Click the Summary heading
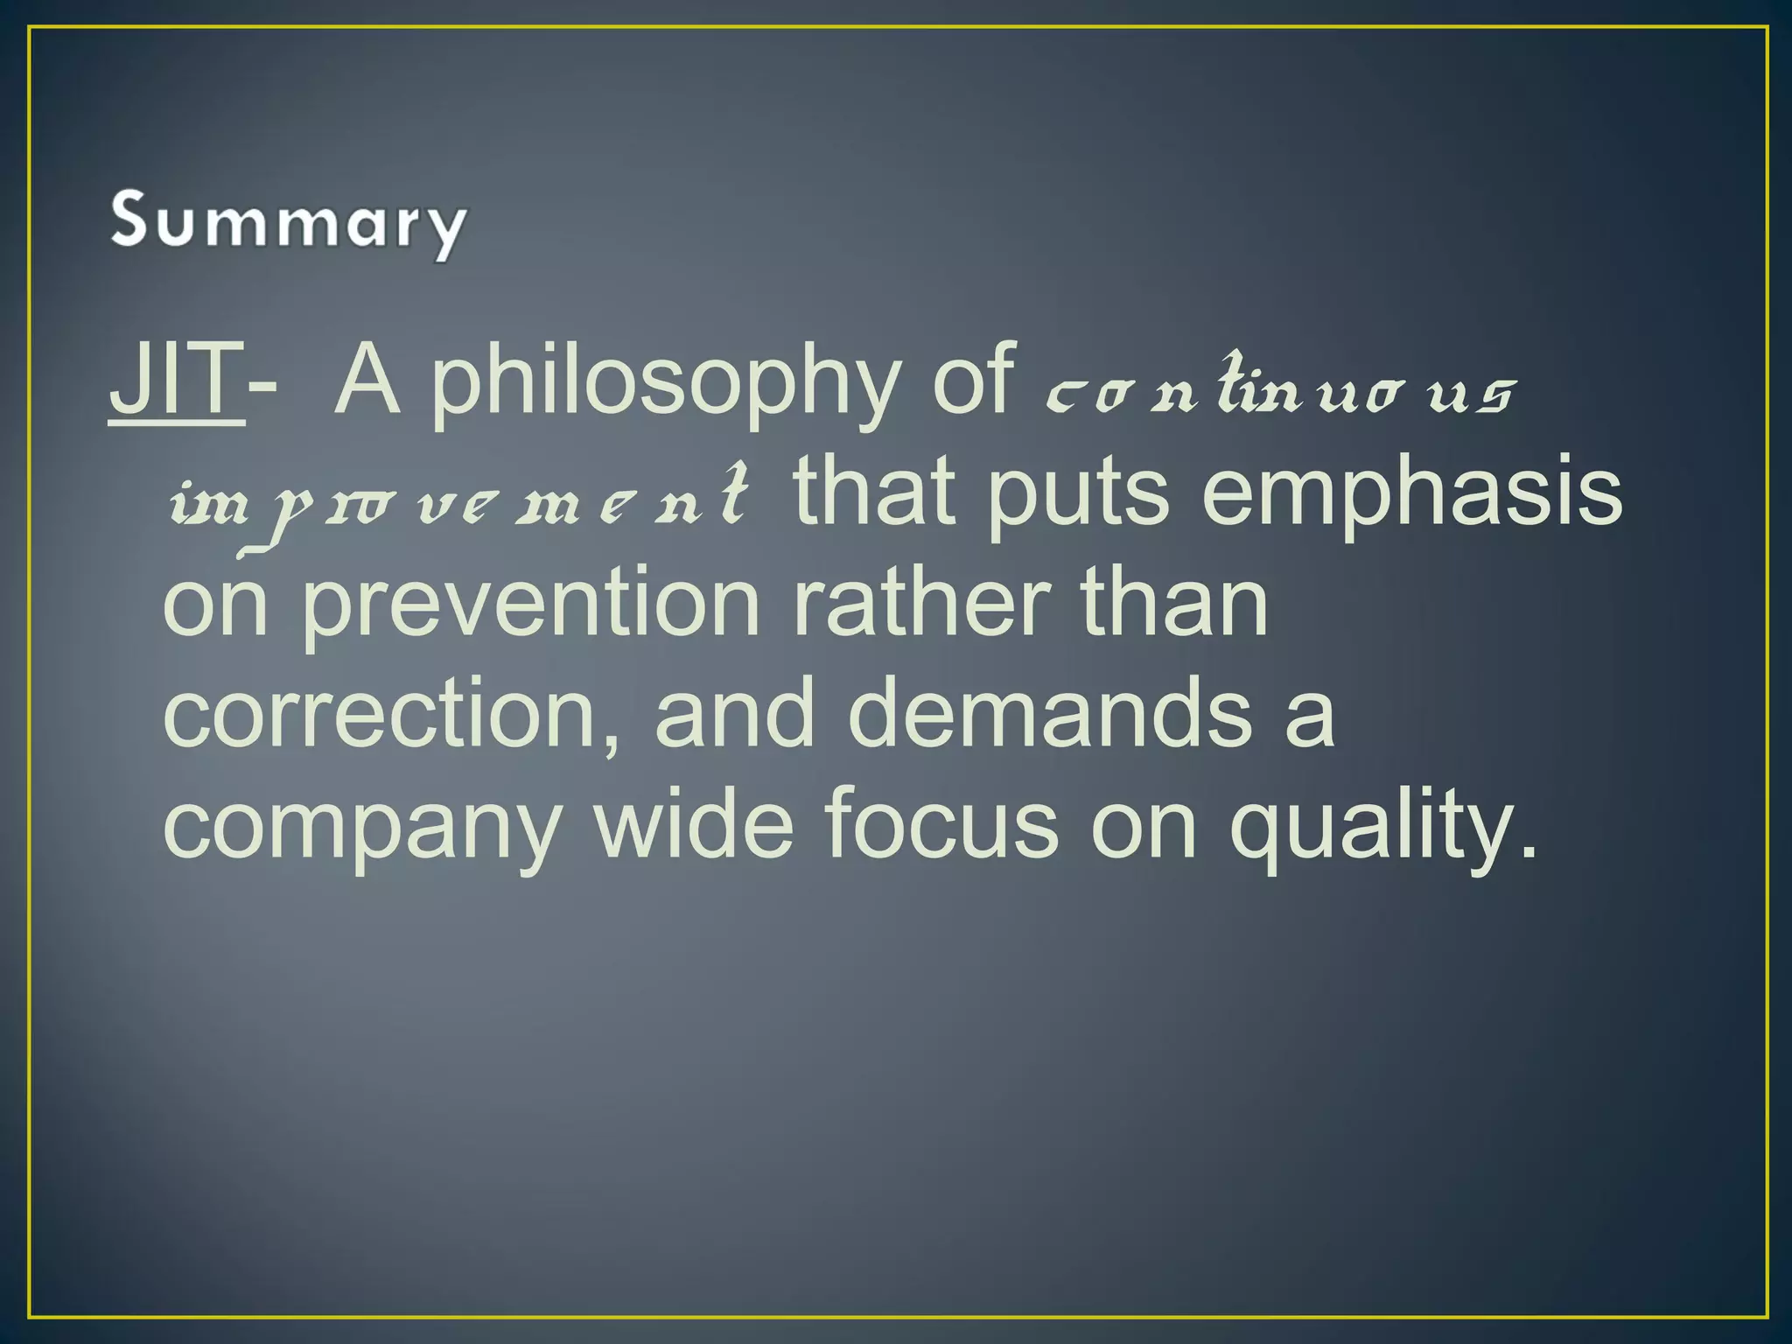pos(288,224)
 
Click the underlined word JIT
pos(176,380)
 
